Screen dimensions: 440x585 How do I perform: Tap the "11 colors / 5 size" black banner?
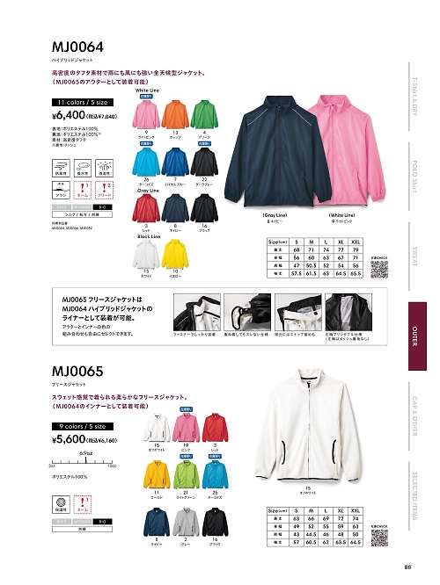click(x=81, y=101)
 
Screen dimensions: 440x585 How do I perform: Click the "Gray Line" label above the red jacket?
click(x=148, y=189)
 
